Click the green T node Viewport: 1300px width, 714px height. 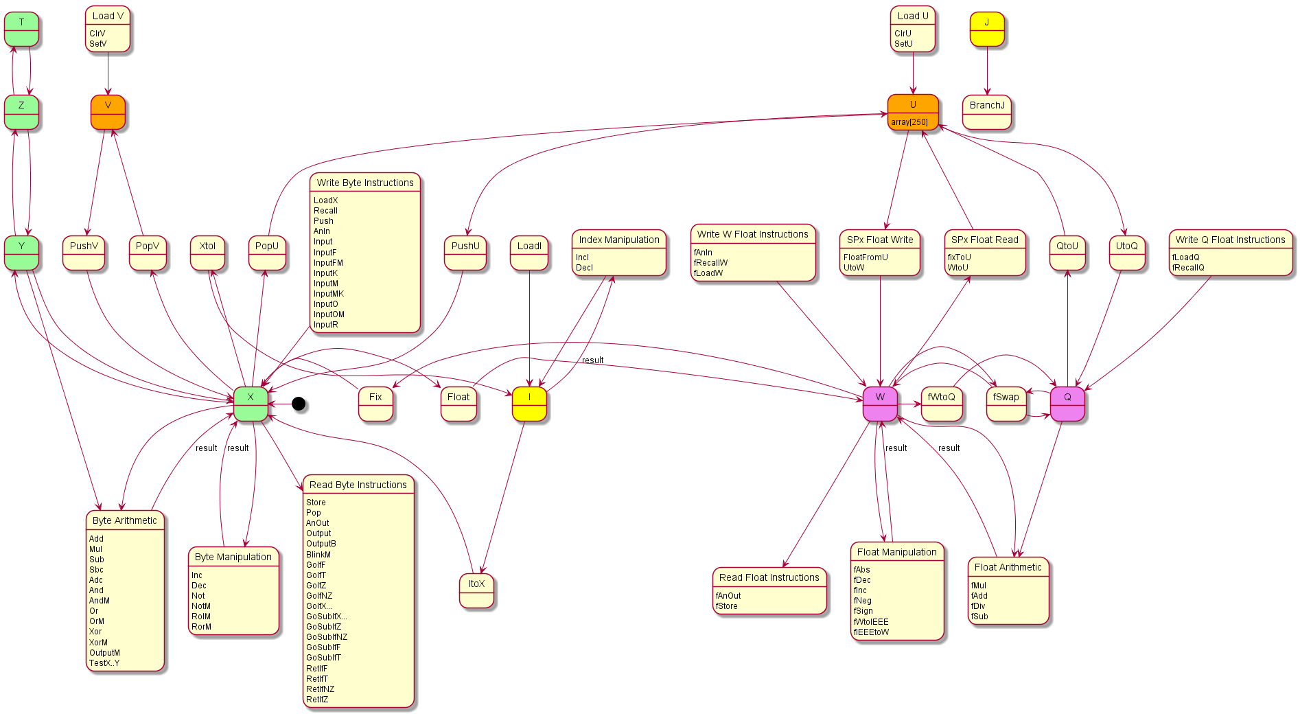(21, 30)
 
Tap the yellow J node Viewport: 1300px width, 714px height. (987, 30)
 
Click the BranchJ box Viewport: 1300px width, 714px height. (987, 113)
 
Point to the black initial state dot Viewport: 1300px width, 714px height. (299, 404)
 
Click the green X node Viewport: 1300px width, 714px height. (251, 404)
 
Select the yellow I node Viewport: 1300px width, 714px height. (529, 404)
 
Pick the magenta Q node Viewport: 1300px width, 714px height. (1067, 404)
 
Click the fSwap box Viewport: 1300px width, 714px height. (1006, 404)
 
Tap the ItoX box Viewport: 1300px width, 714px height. (476, 590)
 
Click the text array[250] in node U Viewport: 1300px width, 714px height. (909, 122)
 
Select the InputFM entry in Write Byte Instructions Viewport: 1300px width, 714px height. (328, 263)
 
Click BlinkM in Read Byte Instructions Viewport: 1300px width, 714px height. (318, 555)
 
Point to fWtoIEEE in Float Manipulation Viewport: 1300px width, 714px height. (871, 622)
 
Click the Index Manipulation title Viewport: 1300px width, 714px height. (619, 240)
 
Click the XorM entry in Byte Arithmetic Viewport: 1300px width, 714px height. (98, 643)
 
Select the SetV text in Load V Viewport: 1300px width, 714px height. (98, 44)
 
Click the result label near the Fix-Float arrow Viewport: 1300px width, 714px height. (592, 360)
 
